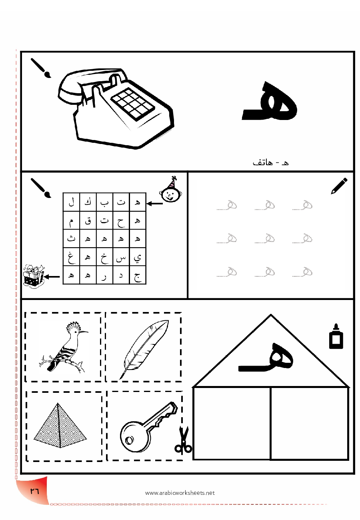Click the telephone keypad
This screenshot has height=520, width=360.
click(132, 104)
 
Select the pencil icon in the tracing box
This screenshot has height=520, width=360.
click(339, 186)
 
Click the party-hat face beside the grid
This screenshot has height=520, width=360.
click(170, 190)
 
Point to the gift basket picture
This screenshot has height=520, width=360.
click(34, 276)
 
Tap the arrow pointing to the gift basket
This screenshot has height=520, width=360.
click(52, 276)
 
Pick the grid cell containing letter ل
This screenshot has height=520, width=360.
click(71, 202)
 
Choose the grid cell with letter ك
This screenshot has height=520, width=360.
click(88, 202)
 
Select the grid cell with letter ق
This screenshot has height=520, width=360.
click(88, 220)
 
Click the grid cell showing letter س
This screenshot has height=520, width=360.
click(121, 257)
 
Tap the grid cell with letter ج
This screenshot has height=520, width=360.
click(138, 275)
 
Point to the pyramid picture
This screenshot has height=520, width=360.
click(60, 425)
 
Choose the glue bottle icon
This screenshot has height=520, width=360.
click(336, 336)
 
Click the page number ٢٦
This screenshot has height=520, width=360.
click(34, 491)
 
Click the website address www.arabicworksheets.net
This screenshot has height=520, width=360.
click(180, 493)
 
